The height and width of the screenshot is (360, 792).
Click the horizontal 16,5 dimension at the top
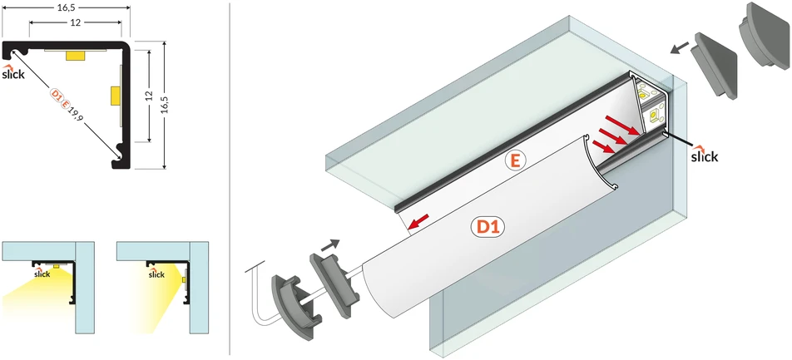[67, 7]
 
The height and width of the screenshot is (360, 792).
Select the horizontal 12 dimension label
[76, 22]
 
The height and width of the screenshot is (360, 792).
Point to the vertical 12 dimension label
[149, 96]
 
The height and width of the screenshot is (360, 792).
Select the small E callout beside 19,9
[65, 105]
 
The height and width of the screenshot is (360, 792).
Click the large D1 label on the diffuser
[488, 227]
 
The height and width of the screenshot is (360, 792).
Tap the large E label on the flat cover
[515, 160]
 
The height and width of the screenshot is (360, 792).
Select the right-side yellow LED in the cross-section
[115, 96]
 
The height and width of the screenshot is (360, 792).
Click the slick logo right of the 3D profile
[704, 155]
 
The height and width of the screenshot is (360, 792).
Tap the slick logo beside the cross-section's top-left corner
[13, 72]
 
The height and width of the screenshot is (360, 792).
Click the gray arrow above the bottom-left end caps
[330, 244]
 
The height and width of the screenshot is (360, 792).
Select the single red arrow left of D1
[418, 222]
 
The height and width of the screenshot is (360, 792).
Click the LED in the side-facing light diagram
[183, 280]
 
